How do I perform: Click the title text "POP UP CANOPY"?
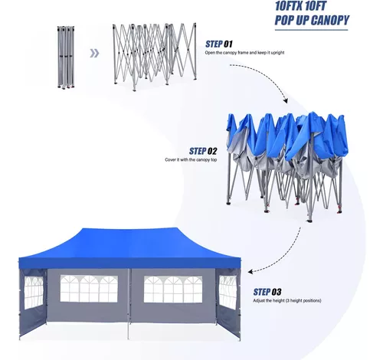click(x=312, y=20)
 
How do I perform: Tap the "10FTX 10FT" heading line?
click(x=300, y=5)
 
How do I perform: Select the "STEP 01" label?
click(x=219, y=44)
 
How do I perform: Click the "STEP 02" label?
click(x=203, y=151)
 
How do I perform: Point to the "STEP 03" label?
click(x=267, y=292)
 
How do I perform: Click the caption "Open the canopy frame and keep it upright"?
click(x=244, y=53)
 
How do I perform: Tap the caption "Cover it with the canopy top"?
click(x=191, y=160)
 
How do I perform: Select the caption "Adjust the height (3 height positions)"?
click(x=287, y=300)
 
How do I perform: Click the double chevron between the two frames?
click(x=94, y=54)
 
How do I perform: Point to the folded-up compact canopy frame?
click(x=66, y=57)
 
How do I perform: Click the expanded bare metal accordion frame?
click(x=155, y=57)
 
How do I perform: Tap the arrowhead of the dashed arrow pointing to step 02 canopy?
click(x=286, y=100)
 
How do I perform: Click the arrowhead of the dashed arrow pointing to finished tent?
click(x=250, y=271)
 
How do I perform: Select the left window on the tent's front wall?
click(x=89, y=289)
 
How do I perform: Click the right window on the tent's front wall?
click(x=173, y=289)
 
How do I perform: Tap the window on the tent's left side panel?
click(x=34, y=293)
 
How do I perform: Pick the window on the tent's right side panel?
click(x=228, y=293)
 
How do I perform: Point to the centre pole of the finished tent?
click(x=129, y=304)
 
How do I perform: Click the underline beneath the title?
click(x=311, y=30)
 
